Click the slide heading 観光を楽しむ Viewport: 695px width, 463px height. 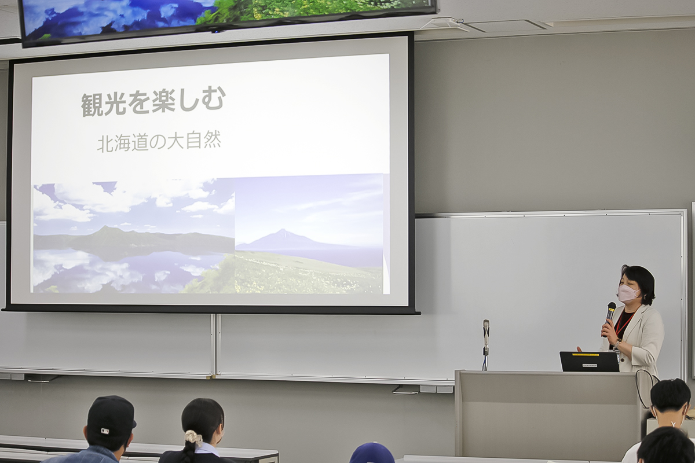[153, 101]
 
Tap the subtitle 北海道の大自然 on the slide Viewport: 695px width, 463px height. [159, 142]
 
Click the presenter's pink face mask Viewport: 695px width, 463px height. [628, 293]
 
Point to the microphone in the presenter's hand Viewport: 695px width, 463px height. [610, 318]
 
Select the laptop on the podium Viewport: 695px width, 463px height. [589, 361]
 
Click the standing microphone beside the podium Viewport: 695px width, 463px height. [485, 345]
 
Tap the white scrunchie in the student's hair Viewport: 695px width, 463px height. [193, 438]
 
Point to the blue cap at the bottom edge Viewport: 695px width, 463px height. [372, 453]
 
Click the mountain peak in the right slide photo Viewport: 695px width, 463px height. [283, 230]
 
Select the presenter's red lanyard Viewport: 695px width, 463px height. [623, 325]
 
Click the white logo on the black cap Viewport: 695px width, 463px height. [105, 431]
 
